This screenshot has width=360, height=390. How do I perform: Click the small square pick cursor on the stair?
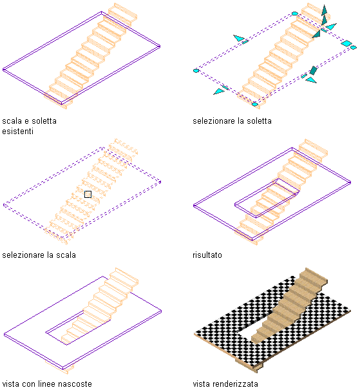tap(88, 194)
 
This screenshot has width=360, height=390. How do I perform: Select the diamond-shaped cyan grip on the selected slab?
tap(346, 43)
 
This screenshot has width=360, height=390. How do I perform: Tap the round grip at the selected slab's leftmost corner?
tap(196, 71)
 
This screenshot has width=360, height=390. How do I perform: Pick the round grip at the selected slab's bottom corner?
tap(255, 104)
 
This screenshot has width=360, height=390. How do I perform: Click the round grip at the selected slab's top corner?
tap(295, 14)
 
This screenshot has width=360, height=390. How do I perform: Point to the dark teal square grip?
tap(313, 70)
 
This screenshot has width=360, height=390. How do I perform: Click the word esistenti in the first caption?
tap(17, 131)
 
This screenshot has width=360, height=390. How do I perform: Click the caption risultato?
tap(207, 255)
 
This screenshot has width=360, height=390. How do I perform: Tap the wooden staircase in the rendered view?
tap(289, 306)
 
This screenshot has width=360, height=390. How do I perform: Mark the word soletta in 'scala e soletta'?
tap(44, 121)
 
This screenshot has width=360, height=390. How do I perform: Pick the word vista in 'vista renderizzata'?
tap(201, 384)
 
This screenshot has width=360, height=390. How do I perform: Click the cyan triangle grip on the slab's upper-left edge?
tap(239, 38)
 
